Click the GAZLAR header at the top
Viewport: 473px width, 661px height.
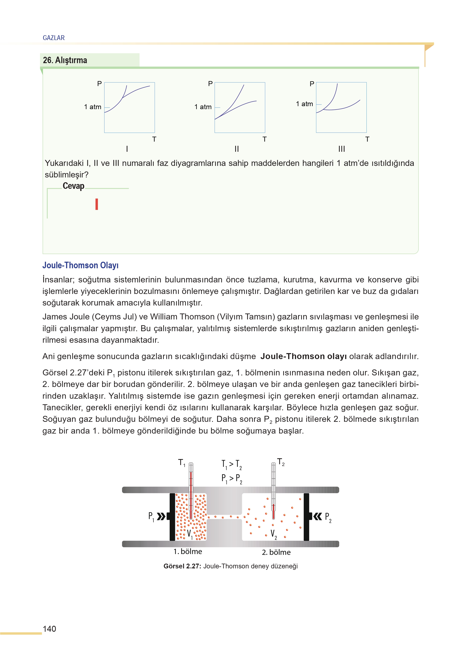[x=54, y=38]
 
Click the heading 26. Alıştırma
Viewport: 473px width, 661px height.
[x=65, y=60]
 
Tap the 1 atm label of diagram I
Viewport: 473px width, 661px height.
[x=93, y=107]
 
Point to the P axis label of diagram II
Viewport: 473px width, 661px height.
[x=210, y=84]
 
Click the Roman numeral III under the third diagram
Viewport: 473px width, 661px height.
[x=341, y=149]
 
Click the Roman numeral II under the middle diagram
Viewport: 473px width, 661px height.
[x=237, y=149]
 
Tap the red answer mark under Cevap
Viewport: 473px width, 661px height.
[x=97, y=204]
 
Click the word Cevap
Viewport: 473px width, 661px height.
[x=73, y=186]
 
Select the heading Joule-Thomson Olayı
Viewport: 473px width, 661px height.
[x=80, y=265]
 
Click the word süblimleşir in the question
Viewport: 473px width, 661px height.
[x=66, y=175]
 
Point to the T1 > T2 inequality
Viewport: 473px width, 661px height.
[x=232, y=464]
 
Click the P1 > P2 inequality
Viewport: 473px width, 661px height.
[x=232, y=478]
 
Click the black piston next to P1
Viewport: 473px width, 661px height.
[x=172, y=517]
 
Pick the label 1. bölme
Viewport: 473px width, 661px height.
[x=188, y=551]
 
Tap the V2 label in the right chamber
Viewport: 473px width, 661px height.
[x=273, y=534]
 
